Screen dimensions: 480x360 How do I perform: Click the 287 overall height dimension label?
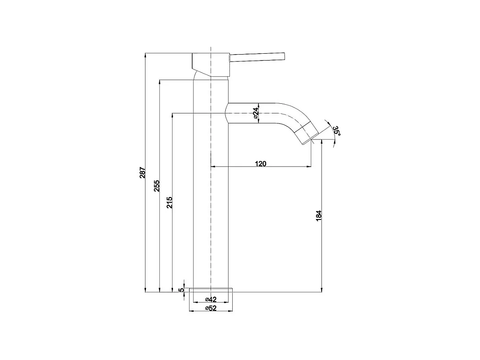tap(142, 172)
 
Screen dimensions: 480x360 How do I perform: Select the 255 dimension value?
tap(156, 186)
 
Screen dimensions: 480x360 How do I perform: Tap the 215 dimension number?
tap(169, 202)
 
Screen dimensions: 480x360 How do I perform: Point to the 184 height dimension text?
tap(318, 216)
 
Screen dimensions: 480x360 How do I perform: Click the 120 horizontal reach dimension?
tap(261, 163)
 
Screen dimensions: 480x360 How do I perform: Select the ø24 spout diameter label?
tap(256, 112)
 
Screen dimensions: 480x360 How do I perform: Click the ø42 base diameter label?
tap(210, 299)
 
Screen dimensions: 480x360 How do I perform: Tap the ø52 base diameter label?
tap(210, 308)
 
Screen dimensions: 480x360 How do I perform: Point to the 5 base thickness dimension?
tap(182, 289)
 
